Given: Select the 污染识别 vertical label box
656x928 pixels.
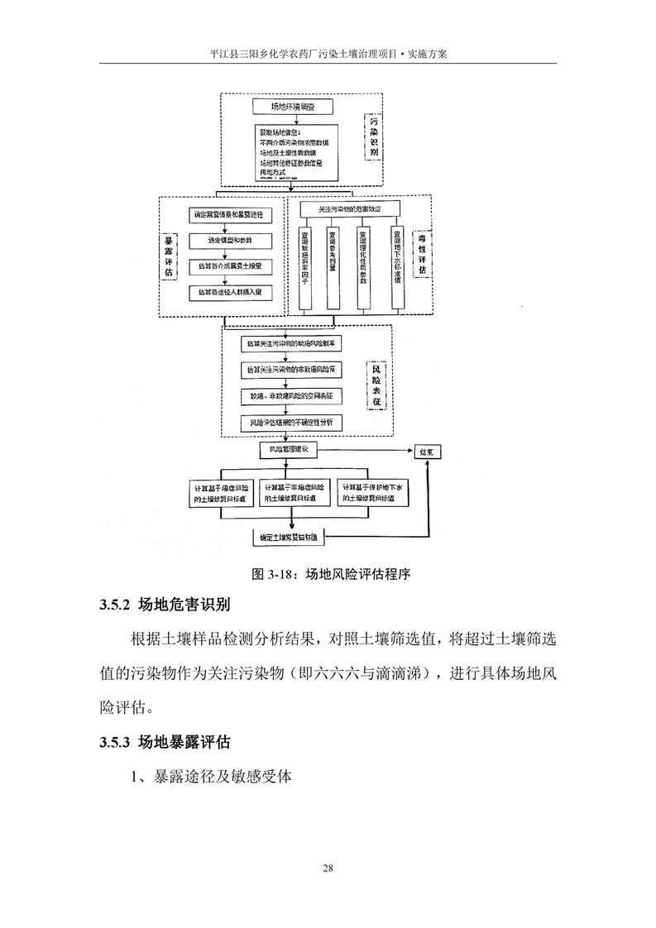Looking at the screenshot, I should (374, 137).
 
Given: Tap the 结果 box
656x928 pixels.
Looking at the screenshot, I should (428, 452).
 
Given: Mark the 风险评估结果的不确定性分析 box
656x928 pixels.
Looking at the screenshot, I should (290, 422).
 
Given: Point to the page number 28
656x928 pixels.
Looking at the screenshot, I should (328, 868).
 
